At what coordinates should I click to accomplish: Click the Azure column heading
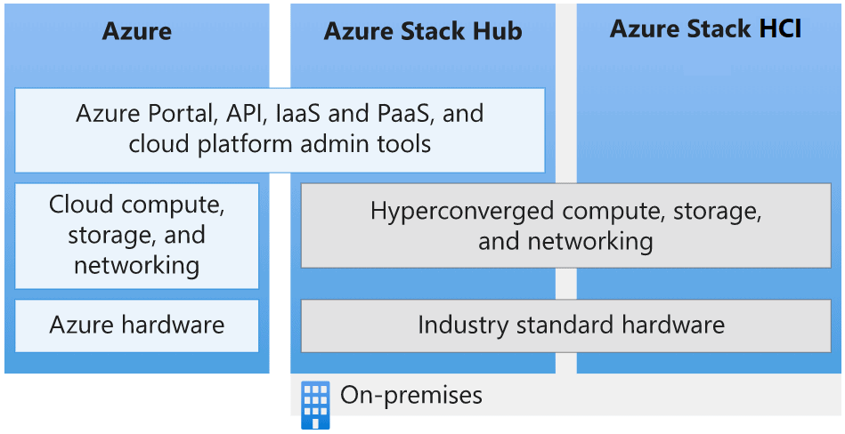(x=136, y=32)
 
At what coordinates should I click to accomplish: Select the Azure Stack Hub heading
(x=423, y=32)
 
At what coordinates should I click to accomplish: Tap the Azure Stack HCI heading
(x=706, y=28)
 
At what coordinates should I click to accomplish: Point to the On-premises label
(x=411, y=395)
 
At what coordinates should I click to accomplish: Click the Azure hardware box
(x=137, y=325)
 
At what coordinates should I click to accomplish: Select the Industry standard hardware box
(x=571, y=325)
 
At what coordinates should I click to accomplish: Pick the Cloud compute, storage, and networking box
(x=137, y=236)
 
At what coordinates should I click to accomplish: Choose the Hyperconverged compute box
(x=565, y=226)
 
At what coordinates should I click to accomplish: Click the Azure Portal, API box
(x=280, y=129)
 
